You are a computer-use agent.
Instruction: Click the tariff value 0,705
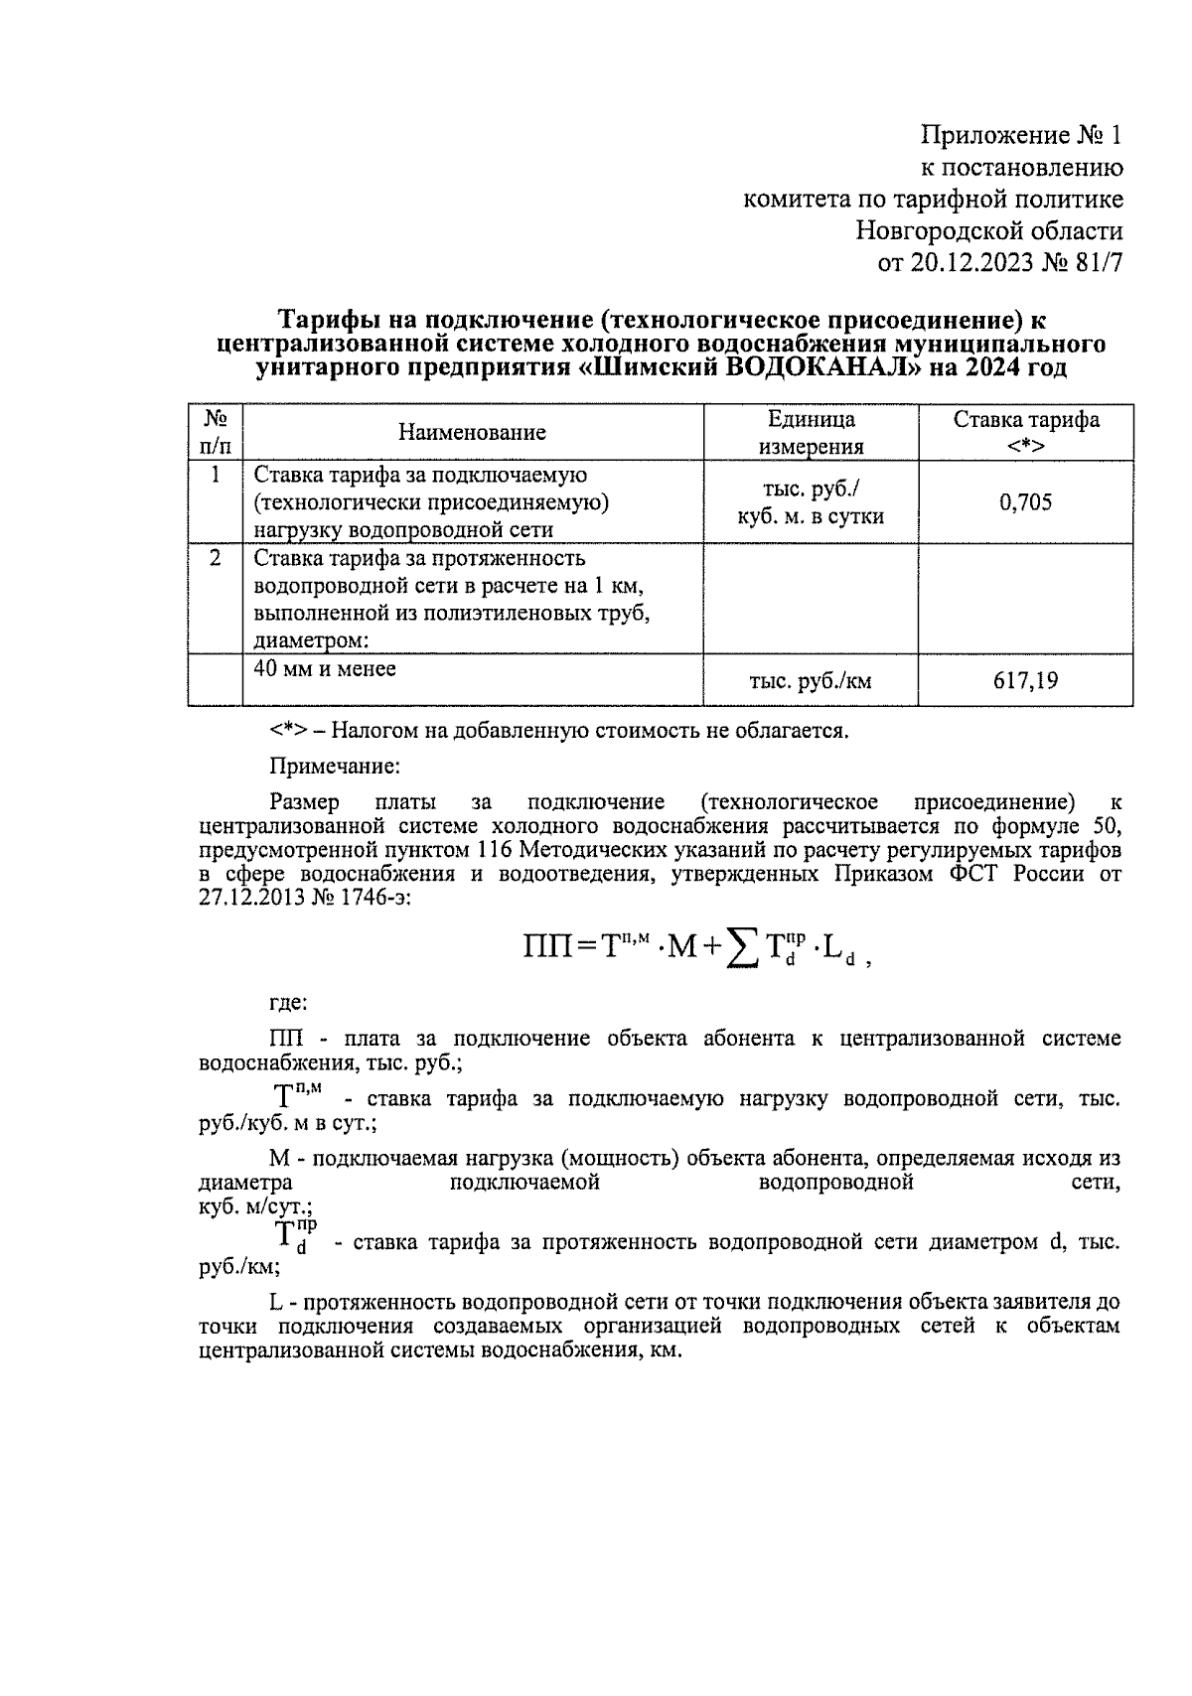coord(1025,502)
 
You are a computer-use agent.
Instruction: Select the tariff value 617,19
coord(1025,681)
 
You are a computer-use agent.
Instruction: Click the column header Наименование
coord(472,432)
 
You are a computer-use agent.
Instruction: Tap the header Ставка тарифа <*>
coord(1025,432)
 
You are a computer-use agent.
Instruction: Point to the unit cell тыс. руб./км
coord(810,681)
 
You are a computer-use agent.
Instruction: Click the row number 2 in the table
coord(215,558)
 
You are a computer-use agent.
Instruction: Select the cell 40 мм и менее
coord(325,669)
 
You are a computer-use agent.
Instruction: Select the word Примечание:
coord(334,767)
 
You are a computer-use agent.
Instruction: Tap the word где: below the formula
coord(288,1002)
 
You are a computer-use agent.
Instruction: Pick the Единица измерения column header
coord(810,432)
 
